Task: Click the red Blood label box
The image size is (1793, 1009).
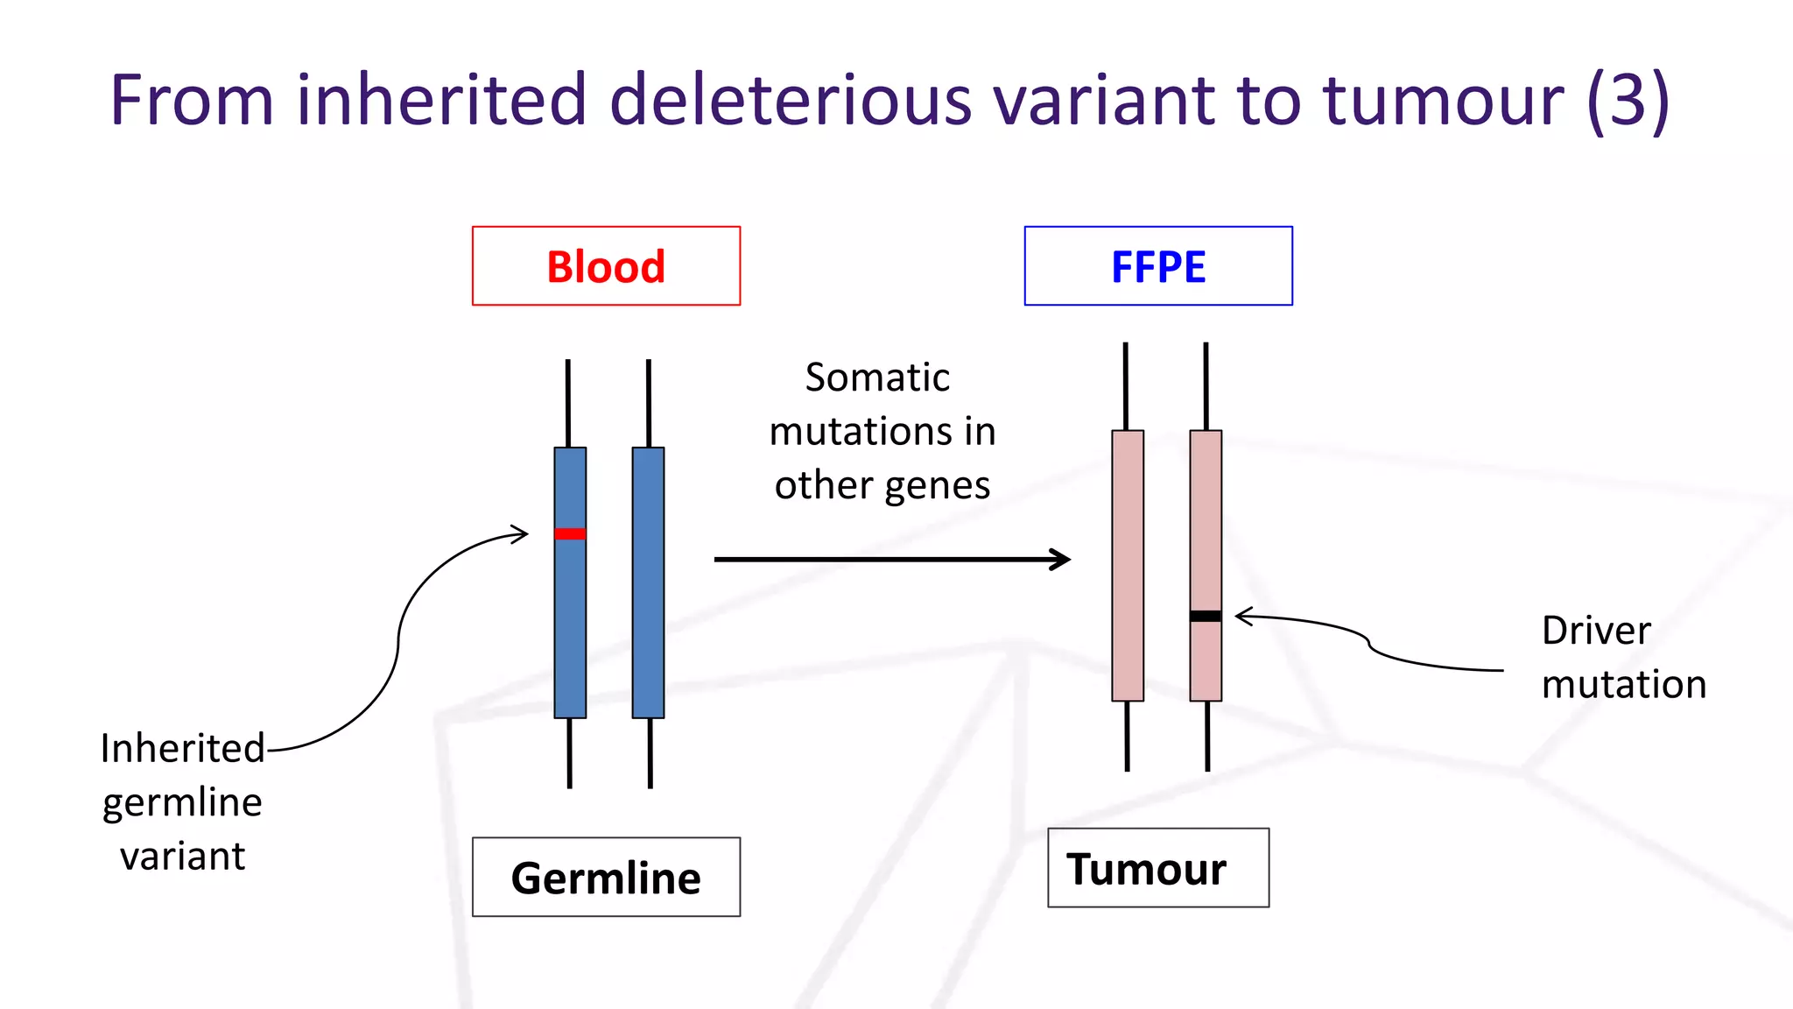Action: click(x=606, y=266)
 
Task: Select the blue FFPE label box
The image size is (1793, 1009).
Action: click(x=1157, y=266)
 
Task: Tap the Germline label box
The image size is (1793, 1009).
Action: click(x=606, y=877)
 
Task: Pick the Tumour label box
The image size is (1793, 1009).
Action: click(x=1157, y=868)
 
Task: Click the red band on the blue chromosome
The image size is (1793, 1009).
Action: click(x=570, y=533)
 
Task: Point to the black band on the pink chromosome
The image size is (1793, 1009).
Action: click(x=1206, y=616)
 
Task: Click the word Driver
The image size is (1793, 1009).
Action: click(x=1595, y=631)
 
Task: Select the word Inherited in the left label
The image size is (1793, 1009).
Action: click(x=182, y=749)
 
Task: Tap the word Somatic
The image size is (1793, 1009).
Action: click(x=877, y=377)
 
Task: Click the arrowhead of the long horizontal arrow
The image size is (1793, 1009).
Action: click(x=1062, y=559)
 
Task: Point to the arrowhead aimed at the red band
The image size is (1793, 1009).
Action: click(x=522, y=533)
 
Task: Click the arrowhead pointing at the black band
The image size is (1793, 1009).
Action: click(x=1242, y=617)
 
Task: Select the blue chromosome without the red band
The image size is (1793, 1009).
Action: click(x=648, y=582)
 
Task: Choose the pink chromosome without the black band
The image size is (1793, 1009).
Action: click(x=1128, y=565)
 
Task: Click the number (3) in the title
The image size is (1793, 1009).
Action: click(x=1628, y=100)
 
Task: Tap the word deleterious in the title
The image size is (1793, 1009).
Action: click(x=790, y=100)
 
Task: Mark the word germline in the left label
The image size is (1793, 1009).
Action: click(x=182, y=803)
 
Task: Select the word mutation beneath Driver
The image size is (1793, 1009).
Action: click(x=1624, y=684)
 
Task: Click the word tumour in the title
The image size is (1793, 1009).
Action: click(x=1443, y=100)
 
